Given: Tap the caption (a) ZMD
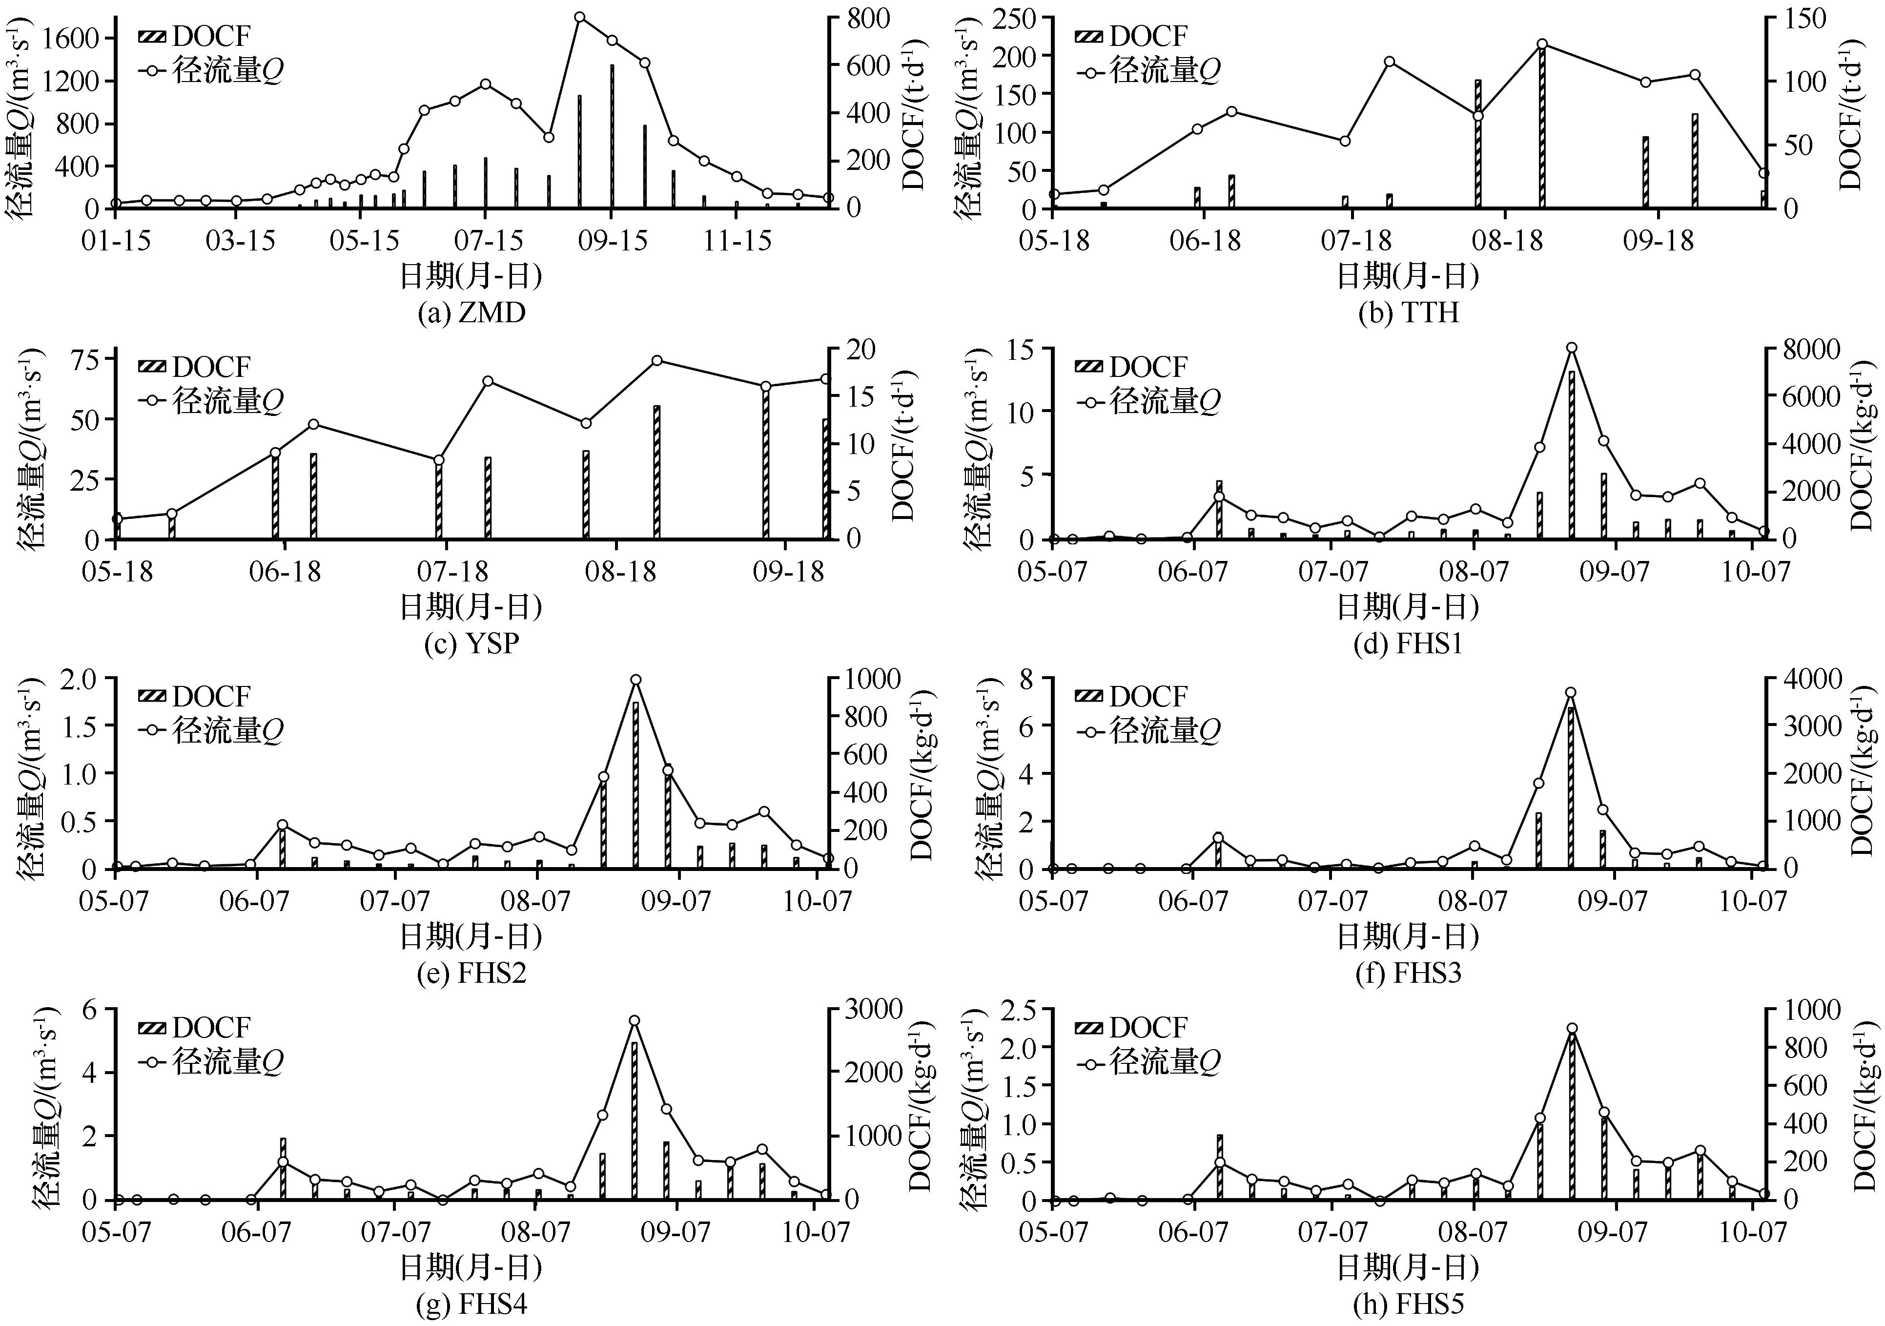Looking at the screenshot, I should (x=471, y=313).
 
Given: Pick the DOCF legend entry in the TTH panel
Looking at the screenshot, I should (x=1131, y=36).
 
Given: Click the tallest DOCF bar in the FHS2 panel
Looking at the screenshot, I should (x=635, y=784).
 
